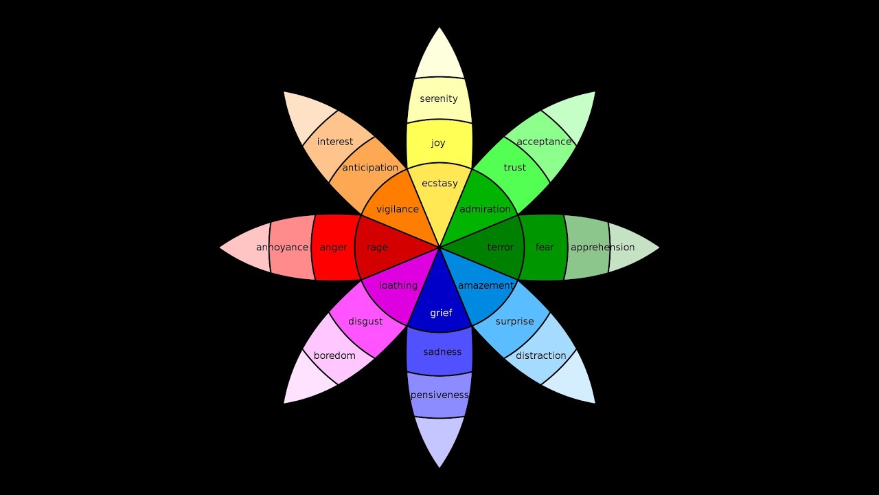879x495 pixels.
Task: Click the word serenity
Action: pyautogui.click(x=439, y=98)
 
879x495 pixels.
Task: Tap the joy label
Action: pyautogui.click(x=438, y=142)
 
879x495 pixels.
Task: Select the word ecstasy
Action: pyautogui.click(x=439, y=183)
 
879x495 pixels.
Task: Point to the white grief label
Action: pyautogui.click(x=441, y=313)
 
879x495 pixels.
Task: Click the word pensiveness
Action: pyautogui.click(x=439, y=395)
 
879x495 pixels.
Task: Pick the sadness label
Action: pyautogui.click(x=442, y=351)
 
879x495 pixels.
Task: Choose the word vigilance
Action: pyautogui.click(x=398, y=209)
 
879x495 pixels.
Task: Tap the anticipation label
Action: pyautogui.click(x=370, y=168)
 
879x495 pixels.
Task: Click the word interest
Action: pyautogui.click(x=334, y=142)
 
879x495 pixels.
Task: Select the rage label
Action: pyautogui.click(x=377, y=247)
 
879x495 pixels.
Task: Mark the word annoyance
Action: pyautogui.click(x=282, y=247)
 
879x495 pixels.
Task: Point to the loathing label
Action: pyautogui.click(x=398, y=285)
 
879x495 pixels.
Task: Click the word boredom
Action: pyautogui.click(x=334, y=355)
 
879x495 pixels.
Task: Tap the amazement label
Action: pyautogui.click(x=486, y=285)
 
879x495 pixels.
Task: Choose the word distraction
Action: pyautogui.click(x=540, y=355)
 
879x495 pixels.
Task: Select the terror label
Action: pyautogui.click(x=501, y=247)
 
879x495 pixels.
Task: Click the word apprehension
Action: pyautogui.click(x=602, y=247)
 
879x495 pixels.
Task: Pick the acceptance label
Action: pyautogui.click(x=544, y=142)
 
